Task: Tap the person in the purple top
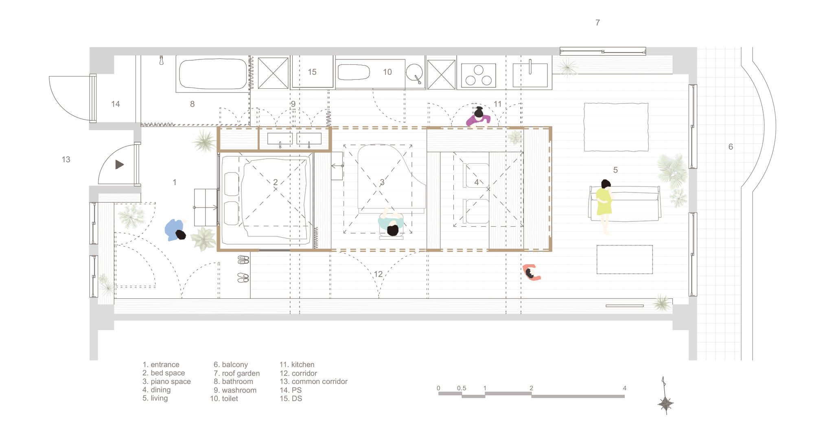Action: pos(478,117)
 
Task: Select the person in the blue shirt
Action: pos(175,230)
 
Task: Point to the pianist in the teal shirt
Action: pos(391,223)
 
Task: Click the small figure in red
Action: pos(531,272)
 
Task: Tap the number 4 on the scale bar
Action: pos(624,388)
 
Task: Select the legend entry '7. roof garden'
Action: pos(236,373)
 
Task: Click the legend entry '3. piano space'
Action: pos(166,382)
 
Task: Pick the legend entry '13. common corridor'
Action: pos(313,382)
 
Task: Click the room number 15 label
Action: pos(312,72)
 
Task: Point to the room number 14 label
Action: pos(116,104)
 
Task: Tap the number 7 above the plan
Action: pos(597,23)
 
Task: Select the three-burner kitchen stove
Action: pos(478,76)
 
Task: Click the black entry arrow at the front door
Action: pos(119,164)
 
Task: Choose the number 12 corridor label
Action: pos(379,274)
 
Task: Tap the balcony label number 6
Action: pos(731,147)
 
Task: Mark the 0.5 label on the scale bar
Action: pos(462,388)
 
